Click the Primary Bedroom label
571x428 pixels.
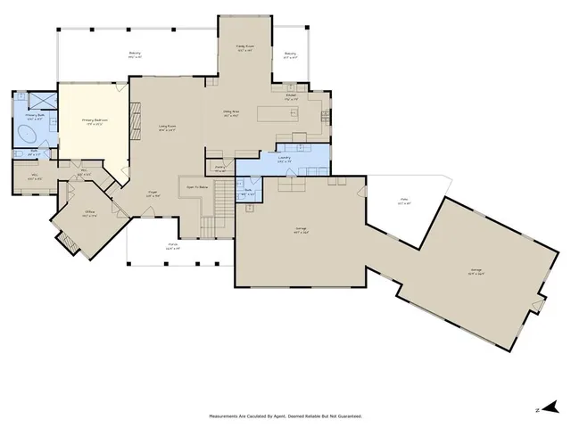(x=93, y=120)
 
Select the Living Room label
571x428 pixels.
(x=167, y=128)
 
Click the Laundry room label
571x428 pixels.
(x=285, y=158)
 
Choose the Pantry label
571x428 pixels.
(x=219, y=167)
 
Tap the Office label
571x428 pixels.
(x=90, y=212)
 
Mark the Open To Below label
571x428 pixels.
(x=197, y=187)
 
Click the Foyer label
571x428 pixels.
(x=153, y=192)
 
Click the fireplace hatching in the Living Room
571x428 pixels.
(x=136, y=120)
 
